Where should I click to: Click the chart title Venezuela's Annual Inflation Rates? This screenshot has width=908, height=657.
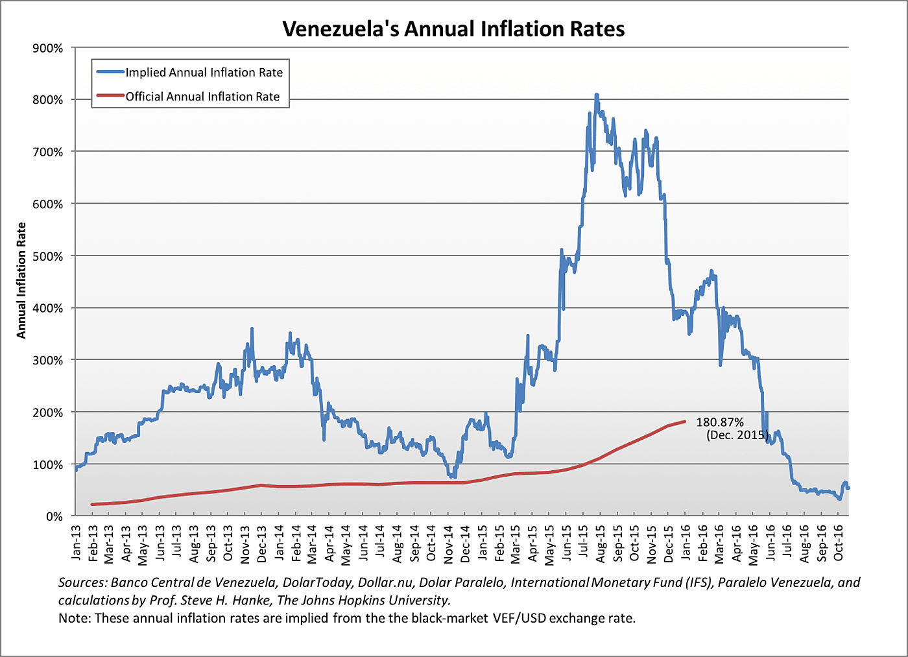[453, 29]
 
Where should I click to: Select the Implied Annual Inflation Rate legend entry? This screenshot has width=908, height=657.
[204, 73]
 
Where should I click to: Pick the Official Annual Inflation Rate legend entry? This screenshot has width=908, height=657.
[202, 97]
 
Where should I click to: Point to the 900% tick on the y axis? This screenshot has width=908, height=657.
[48, 48]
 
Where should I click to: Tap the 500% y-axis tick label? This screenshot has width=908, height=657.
[48, 256]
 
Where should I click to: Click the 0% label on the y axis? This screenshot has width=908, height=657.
[54, 516]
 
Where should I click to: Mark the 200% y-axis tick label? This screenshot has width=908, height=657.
[48, 412]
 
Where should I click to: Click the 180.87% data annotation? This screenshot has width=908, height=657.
[719, 422]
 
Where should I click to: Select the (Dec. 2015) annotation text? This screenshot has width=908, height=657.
[736, 435]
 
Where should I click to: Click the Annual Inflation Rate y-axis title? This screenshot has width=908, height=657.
[21, 280]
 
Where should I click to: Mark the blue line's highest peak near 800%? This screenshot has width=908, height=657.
[596, 95]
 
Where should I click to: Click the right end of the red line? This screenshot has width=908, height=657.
[684, 422]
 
